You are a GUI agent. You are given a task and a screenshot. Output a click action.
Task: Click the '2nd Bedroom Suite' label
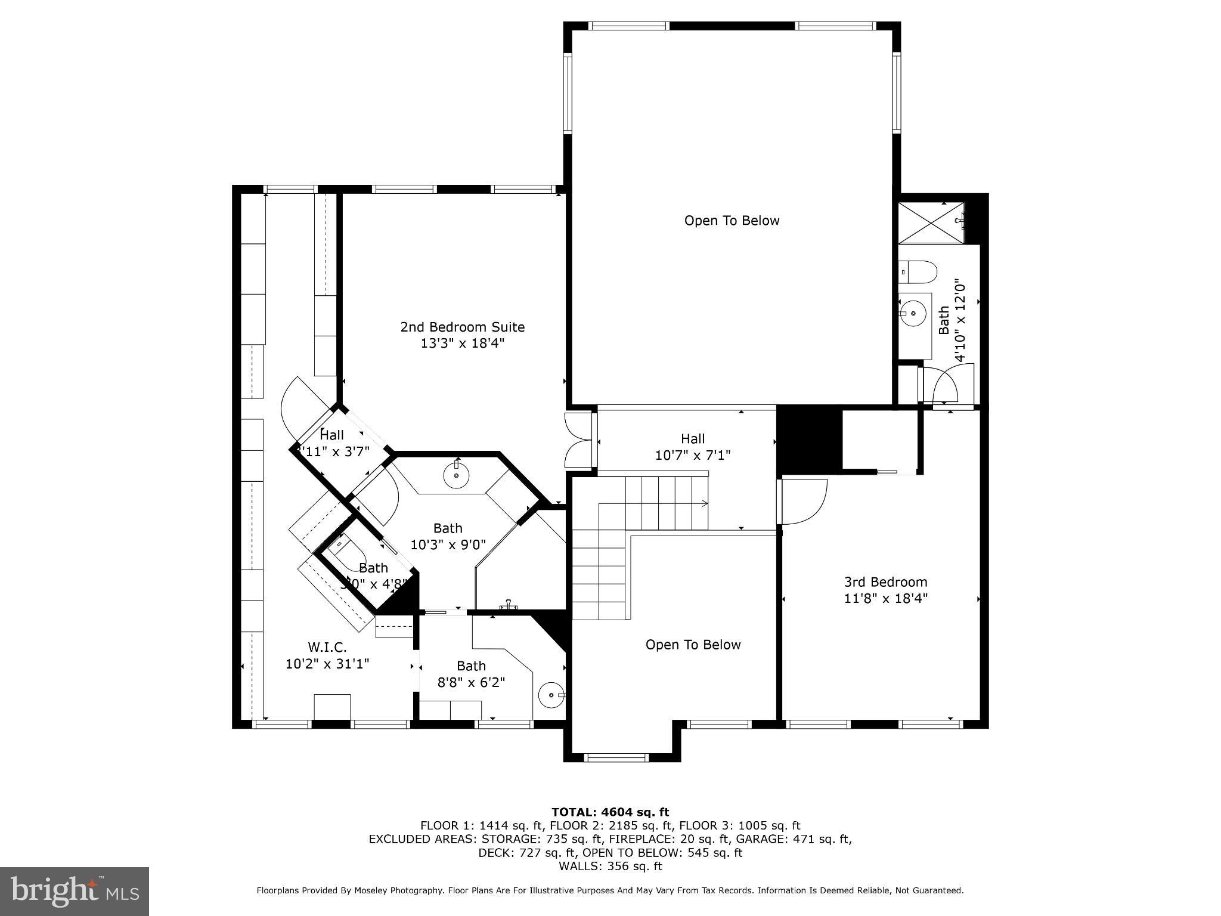(x=462, y=327)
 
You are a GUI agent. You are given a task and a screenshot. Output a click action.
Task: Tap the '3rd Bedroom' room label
(x=885, y=582)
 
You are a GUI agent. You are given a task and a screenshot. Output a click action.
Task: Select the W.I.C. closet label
(x=327, y=647)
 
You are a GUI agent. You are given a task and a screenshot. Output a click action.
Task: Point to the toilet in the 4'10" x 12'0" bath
(x=918, y=272)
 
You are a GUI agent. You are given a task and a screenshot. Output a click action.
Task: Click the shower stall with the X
(x=931, y=222)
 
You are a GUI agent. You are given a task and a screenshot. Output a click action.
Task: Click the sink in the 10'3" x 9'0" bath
(x=457, y=476)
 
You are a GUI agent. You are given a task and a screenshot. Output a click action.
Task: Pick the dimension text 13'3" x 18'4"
(x=462, y=343)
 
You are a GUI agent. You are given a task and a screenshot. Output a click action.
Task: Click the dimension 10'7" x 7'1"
(x=693, y=456)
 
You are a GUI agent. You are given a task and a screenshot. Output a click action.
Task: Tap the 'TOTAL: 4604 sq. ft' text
(x=610, y=812)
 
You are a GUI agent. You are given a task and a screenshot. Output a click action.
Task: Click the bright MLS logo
(x=75, y=891)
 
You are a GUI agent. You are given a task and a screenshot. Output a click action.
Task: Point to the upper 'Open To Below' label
(x=732, y=221)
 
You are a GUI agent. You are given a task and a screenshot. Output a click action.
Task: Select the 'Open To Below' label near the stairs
(x=693, y=645)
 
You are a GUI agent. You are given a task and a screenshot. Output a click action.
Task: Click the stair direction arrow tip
(x=706, y=504)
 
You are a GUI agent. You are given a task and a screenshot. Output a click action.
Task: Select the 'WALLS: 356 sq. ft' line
(x=610, y=866)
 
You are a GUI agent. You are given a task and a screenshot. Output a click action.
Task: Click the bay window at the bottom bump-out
(x=616, y=757)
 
